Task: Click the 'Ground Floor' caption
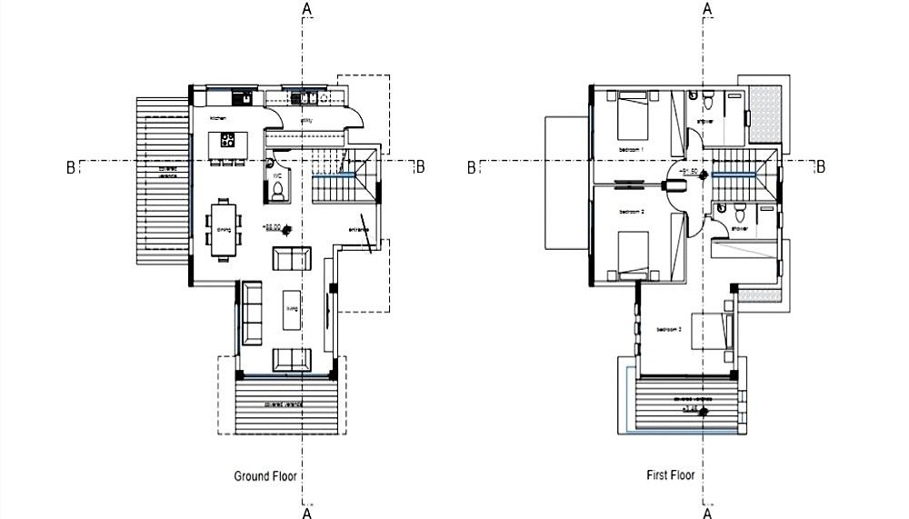[265, 475]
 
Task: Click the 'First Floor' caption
[671, 475]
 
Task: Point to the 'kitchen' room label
[218, 119]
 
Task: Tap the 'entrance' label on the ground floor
[358, 229]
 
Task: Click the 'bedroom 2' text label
[632, 212]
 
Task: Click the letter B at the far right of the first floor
[821, 166]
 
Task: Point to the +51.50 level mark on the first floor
[689, 171]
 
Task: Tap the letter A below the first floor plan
[708, 512]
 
